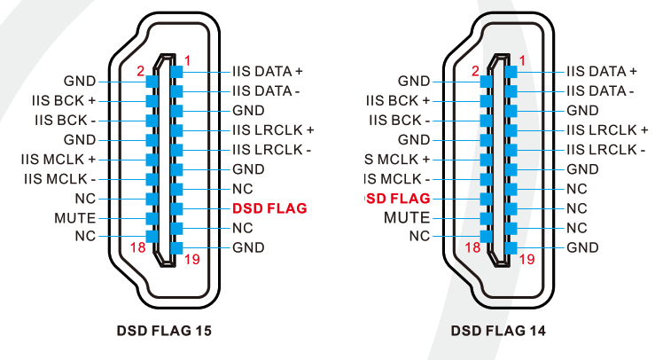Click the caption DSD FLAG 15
[164, 331]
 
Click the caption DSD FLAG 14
[498, 331]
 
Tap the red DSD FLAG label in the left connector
[269, 208]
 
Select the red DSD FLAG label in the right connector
[398, 198]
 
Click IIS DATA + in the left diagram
[268, 71]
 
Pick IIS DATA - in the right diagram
[600, 90]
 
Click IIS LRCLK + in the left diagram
[273, 129]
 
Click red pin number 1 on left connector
[188, 60]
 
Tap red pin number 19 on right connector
[526, 260]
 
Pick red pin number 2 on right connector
[475, 70]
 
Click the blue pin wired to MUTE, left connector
[151, 217]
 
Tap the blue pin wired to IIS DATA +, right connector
[511, 71]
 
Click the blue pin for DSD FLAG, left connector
[177, 208]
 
